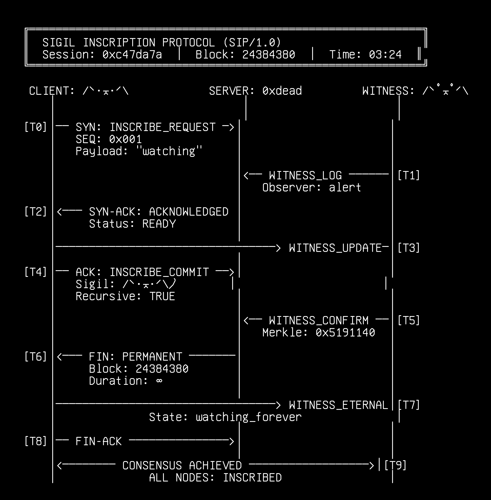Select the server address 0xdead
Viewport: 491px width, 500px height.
point(282,91)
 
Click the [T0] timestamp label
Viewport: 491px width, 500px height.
point(36,127)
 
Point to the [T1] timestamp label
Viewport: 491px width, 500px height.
point(409,175)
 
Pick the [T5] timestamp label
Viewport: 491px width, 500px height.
point(409,320)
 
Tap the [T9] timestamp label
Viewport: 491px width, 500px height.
point(395,465)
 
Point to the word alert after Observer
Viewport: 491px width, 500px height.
point(345,187)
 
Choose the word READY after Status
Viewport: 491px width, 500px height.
point(159,224)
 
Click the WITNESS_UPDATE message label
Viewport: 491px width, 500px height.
point(335,248)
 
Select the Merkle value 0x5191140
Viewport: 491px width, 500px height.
point(345,332)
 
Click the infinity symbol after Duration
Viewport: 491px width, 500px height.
point(159,381)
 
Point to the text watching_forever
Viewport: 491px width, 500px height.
point(249,417)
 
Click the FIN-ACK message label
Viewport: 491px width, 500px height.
point(98,441)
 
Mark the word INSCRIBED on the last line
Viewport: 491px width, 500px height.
point(252,477)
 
